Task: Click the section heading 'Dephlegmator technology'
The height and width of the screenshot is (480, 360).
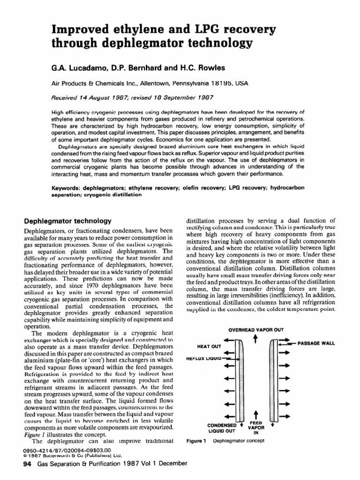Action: coord(67,220)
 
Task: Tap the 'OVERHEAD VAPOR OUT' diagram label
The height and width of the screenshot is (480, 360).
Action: coord(255,330)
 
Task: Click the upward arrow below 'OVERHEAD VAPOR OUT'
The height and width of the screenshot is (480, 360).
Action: coord(255,339)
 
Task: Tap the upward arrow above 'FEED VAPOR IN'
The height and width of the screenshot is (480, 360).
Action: coord(256,414)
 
